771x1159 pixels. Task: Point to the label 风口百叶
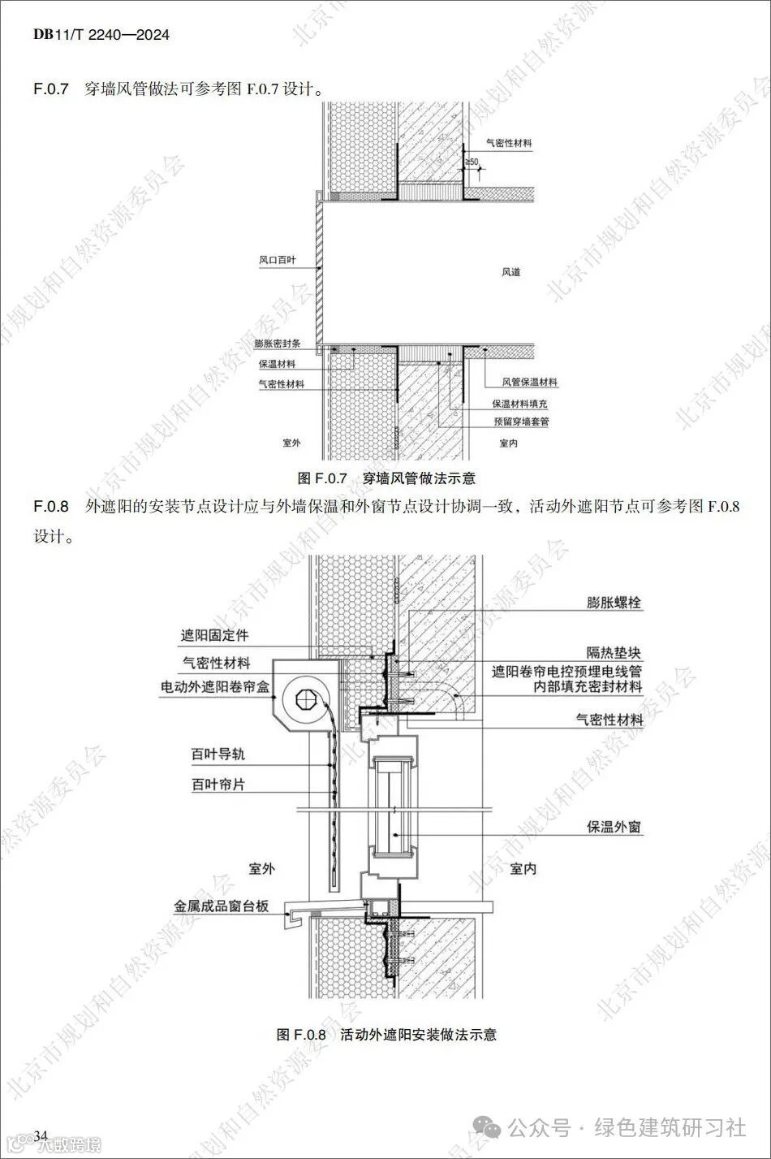click(278, 261)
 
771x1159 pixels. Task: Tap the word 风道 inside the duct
click(510, 272)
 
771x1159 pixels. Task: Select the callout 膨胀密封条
click(278, 344)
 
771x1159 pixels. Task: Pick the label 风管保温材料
click(530, 382)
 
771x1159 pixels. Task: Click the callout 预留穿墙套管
click(522, 422)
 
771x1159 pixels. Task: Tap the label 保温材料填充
click(520, 403)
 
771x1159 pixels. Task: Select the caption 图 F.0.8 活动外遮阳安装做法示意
click(386, 1035)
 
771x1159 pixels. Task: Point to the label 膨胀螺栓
click(614, 603)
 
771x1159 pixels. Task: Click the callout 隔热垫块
click(614, 652)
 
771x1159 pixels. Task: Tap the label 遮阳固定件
click(215, 636)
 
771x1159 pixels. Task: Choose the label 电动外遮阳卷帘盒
click(215, 687)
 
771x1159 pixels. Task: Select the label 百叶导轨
click(218, 755)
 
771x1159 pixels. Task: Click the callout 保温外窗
click(614, 828)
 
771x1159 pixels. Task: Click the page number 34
click(42, 1134)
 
